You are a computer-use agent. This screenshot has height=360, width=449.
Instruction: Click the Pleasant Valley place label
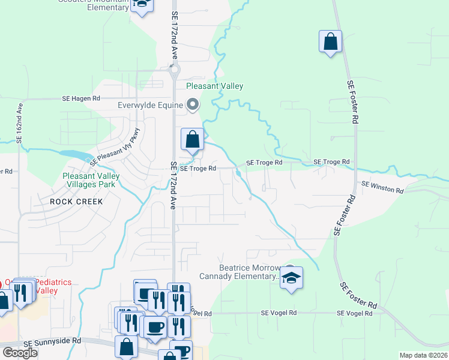pyautogui.click(x=214, y=86)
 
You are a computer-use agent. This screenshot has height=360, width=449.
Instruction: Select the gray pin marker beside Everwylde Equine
pyautogui.click(x=193, y=105)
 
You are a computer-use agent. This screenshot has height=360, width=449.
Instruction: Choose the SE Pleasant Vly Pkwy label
pyautogui.click(x=115, y=148)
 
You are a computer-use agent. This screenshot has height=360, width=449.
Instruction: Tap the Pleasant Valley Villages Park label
pyautogui.click(x=91, y=181)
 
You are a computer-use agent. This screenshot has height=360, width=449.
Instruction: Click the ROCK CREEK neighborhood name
pyautogui.click(x=76, y=202)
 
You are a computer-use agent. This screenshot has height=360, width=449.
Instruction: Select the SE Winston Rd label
pyautogui.click(x=382, y=188)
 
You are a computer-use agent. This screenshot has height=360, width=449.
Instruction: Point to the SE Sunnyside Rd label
pyautogui.click(x=52, y=341)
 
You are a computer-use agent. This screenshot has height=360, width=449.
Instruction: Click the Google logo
pyautogui.click(x=20, y=353)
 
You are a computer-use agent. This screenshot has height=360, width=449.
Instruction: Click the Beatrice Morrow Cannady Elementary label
pyautogui.click(x=249, y=272)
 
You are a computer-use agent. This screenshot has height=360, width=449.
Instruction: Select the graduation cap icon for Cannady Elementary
pyautogui.click(x=292, y=278)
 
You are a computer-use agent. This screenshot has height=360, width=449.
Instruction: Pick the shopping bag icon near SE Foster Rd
pyautogui.click(x=330, y=41)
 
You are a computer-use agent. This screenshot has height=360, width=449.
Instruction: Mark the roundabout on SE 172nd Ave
pyautogui.click(x=175, y=70)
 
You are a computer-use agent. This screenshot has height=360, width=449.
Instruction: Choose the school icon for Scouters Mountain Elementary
pyautogui.click(x=142, y=5)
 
